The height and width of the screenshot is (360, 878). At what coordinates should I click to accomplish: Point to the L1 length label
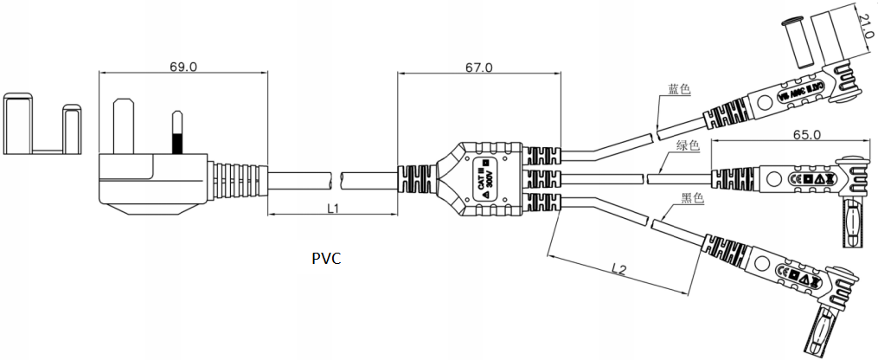click(x=332, y=208)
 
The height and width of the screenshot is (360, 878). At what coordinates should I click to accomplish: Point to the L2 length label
click(x=617, y=269)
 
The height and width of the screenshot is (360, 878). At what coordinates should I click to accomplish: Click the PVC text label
click(x=326, y=258)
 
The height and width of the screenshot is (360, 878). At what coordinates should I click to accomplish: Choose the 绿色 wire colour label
click(x=686, y=145)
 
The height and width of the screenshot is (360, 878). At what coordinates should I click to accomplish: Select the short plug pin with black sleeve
click(x=177, y=134)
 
